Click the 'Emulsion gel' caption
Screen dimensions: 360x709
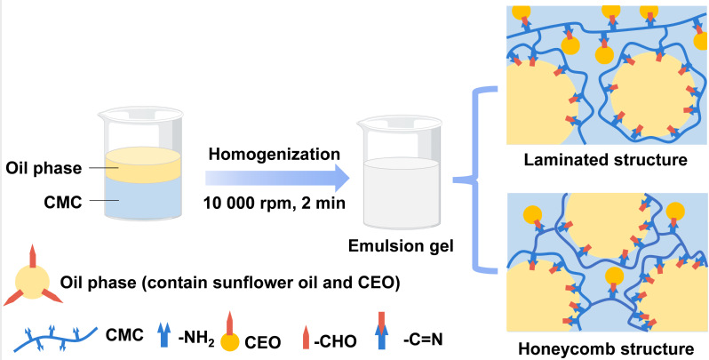pyautogui.click(x=398, y=249)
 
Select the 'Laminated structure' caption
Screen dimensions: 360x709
pyautogui.click(x=608, y=161)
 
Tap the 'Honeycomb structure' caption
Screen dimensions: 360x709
pyautogui.click(x=607, y=348)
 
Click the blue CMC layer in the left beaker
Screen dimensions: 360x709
pyautogui.click(x=144, y=204)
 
